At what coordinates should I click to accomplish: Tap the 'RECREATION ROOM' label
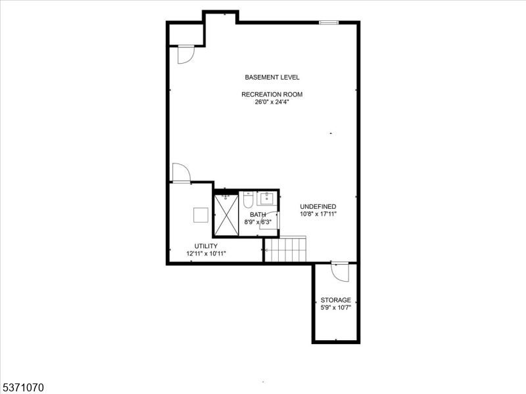click(x=272, y=94)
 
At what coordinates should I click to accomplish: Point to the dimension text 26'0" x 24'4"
click(x=272, y=102)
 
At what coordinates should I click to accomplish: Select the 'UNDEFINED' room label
click(x=318, y=206)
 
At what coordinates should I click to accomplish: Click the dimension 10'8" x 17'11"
click(x=318, y=214)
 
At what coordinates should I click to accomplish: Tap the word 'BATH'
click(x=258, y=214)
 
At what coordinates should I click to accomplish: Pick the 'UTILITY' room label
click(x=206, y=246)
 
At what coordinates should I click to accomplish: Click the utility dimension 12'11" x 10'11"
click(x=206, y=253)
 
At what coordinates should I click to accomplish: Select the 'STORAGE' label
click(x=335, y=300)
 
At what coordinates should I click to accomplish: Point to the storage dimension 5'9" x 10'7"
click(x=335, y=307)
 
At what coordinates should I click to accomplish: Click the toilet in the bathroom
click(x=247, y=200)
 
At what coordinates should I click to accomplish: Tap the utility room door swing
click(x=180, y=173)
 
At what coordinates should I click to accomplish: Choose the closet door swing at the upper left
click(x=185, y=55)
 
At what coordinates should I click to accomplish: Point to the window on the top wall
click(x=328, y=23)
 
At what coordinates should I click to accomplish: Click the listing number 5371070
click(x=22, y=388)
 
